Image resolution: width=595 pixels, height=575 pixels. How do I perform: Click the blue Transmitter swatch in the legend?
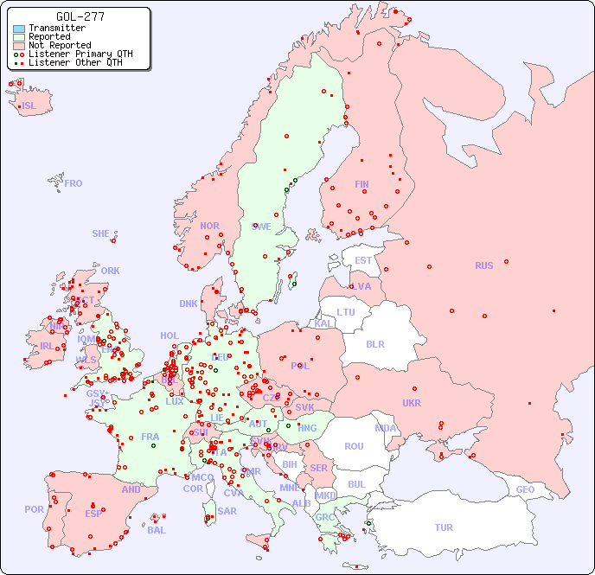point(19,29)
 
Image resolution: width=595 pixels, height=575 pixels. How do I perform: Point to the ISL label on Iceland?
point(29,106)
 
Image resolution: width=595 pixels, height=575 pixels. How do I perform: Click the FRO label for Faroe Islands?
point(74,183)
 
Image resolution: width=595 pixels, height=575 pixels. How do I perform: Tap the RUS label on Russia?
point(483,265)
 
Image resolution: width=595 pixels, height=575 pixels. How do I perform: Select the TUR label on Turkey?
point(444,527)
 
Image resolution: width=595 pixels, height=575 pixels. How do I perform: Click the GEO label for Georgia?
point(525,489)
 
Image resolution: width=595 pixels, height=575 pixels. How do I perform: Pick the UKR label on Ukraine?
point(412,403)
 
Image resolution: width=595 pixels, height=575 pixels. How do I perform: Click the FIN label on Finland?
point(361,184)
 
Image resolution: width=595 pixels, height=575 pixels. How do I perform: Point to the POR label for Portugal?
point(34,509)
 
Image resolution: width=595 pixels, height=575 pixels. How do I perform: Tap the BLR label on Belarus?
point(375,343)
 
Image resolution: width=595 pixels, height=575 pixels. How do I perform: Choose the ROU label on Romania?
point(354,446)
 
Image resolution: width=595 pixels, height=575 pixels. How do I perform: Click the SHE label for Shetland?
point(101,233)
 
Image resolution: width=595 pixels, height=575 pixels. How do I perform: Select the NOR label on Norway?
point(209,226)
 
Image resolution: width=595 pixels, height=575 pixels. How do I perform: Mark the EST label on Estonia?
point(363,260)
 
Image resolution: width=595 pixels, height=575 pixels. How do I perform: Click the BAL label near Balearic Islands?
point(157,530)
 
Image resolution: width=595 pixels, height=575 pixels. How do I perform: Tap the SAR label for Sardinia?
point(227,511)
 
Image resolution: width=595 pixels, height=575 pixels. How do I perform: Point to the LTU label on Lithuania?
point(346,312)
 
